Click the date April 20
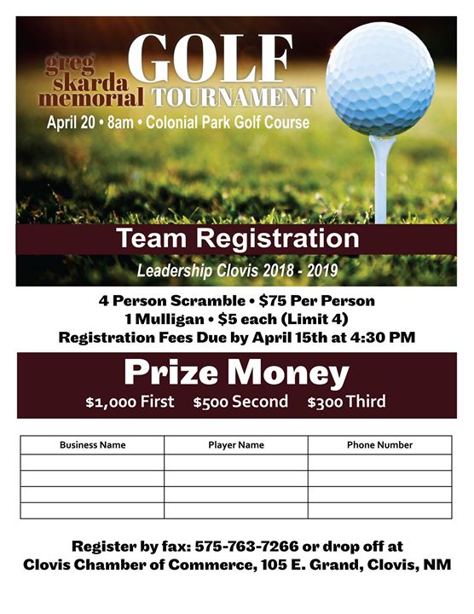pyautogui.click(x=72, y=123)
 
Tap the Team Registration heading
pyautogui.click(x=237, y=239)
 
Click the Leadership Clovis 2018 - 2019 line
pyautogui.click(x=237, y=271)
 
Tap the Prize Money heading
pyautogui.click(x=237, y=374)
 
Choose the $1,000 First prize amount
pyautogui.click(x=130, y=402)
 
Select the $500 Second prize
pyautogui.click(x=240, y=402)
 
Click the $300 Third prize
pyautogui.click(x=346, y=402)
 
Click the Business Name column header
pyautogui.click(x=92, y=445)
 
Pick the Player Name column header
pyautogui.click(x=236, y=445)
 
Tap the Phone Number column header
pyautogui.click(x=379, y=445)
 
